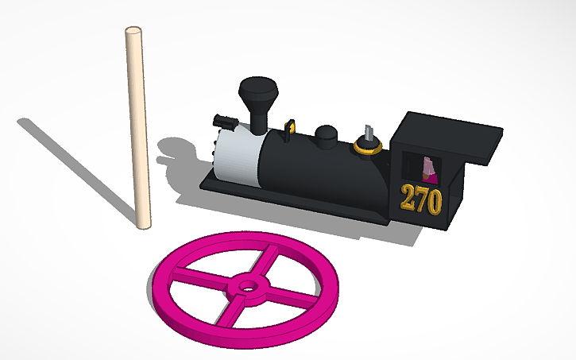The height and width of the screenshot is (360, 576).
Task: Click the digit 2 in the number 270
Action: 408,199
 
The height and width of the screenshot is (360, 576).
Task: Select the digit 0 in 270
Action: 433,202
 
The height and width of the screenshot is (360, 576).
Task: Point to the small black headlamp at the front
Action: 226,122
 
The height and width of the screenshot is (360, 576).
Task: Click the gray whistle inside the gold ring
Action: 368,134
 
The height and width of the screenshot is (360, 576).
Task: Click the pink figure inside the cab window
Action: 429,168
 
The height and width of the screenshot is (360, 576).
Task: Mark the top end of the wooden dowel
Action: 133,32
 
